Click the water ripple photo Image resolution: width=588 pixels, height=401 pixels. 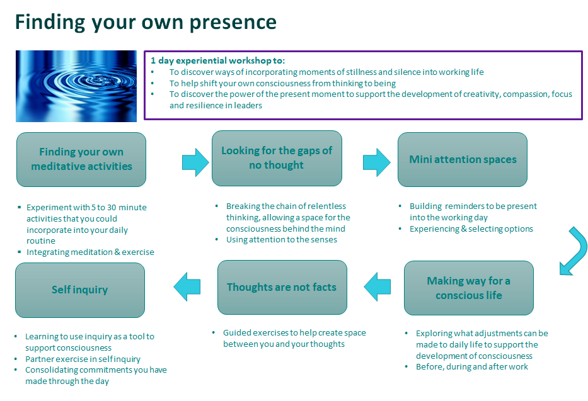point(76,86)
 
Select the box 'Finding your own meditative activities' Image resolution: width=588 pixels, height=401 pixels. point(81,159)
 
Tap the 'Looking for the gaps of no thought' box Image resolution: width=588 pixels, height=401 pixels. point(277,158)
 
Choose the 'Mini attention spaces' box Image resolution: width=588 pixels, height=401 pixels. point(463,159)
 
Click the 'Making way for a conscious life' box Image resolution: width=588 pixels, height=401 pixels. point(469,288)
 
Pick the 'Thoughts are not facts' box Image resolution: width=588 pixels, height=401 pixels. point(282,287)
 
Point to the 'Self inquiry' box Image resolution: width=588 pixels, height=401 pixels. point(79,290)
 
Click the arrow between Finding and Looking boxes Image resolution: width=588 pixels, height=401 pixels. point(195,162)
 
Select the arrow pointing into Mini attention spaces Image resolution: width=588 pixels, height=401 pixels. point(377,162)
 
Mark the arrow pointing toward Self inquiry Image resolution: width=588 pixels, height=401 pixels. point(187,286)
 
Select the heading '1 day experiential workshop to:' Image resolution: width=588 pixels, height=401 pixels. point(217,60)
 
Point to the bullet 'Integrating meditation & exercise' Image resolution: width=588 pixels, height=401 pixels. point(90,252)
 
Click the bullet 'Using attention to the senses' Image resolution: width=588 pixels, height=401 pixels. point(281,239)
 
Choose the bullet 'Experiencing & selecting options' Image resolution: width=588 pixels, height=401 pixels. point(471,229)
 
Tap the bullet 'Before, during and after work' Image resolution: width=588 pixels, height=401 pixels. point(471,366)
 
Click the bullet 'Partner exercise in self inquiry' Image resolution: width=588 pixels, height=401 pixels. point(83,359)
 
